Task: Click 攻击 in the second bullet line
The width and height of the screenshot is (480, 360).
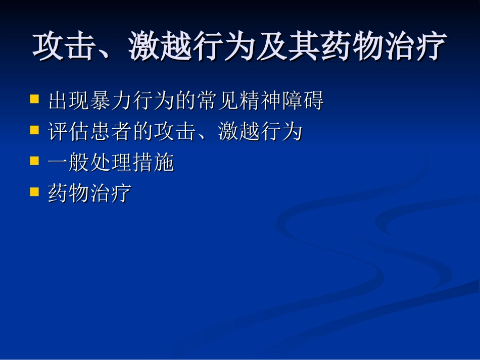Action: [x=175, y=132]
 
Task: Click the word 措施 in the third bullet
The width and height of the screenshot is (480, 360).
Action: [x=154, y=163]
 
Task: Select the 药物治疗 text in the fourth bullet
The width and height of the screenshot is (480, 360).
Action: [x=90, y=194]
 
